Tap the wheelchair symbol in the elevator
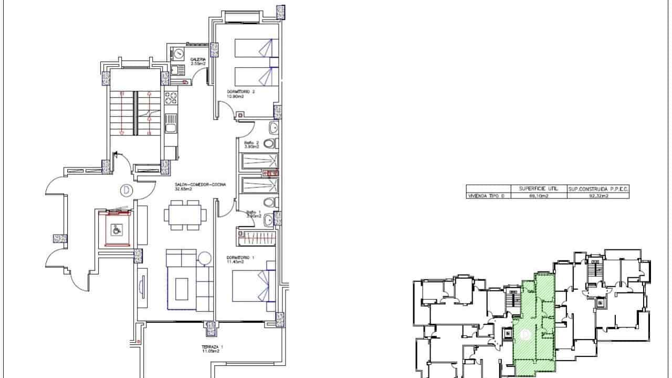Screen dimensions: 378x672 (x=117, y=229)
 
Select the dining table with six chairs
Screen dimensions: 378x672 (x=185, y=215)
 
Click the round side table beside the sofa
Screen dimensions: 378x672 (x=204, y=258)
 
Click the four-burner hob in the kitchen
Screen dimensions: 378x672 (x=171, y=99)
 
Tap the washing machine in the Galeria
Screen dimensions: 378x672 (x=178, y=54)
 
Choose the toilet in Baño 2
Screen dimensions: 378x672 (x=269, y=144)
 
